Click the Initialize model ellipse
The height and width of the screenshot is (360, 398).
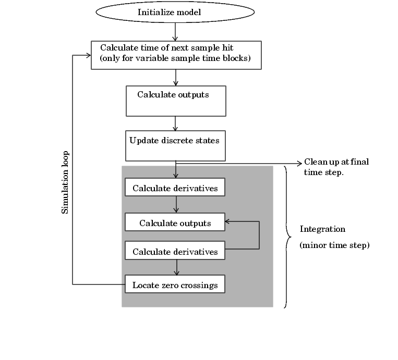[175, 12]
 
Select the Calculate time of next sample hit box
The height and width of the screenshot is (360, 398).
[176, 55]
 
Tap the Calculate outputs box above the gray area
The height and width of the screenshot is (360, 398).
[176, 101]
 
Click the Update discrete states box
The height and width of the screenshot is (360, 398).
[175, 146]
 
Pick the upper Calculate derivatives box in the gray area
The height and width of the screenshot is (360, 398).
[175, 188]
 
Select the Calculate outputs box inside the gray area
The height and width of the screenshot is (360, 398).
[175, 222]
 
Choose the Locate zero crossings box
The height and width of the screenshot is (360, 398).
[175, 284]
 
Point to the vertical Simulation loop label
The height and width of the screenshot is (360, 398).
[66, 182]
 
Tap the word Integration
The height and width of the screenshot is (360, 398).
[322, 229]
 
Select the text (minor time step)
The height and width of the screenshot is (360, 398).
[334, 245]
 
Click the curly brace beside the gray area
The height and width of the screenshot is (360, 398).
[287, 237]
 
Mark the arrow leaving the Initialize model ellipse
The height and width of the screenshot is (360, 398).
[175, 32]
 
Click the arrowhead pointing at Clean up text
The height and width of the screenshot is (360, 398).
[298, 162]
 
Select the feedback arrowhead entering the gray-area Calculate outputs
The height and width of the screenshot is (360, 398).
[228, 221]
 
